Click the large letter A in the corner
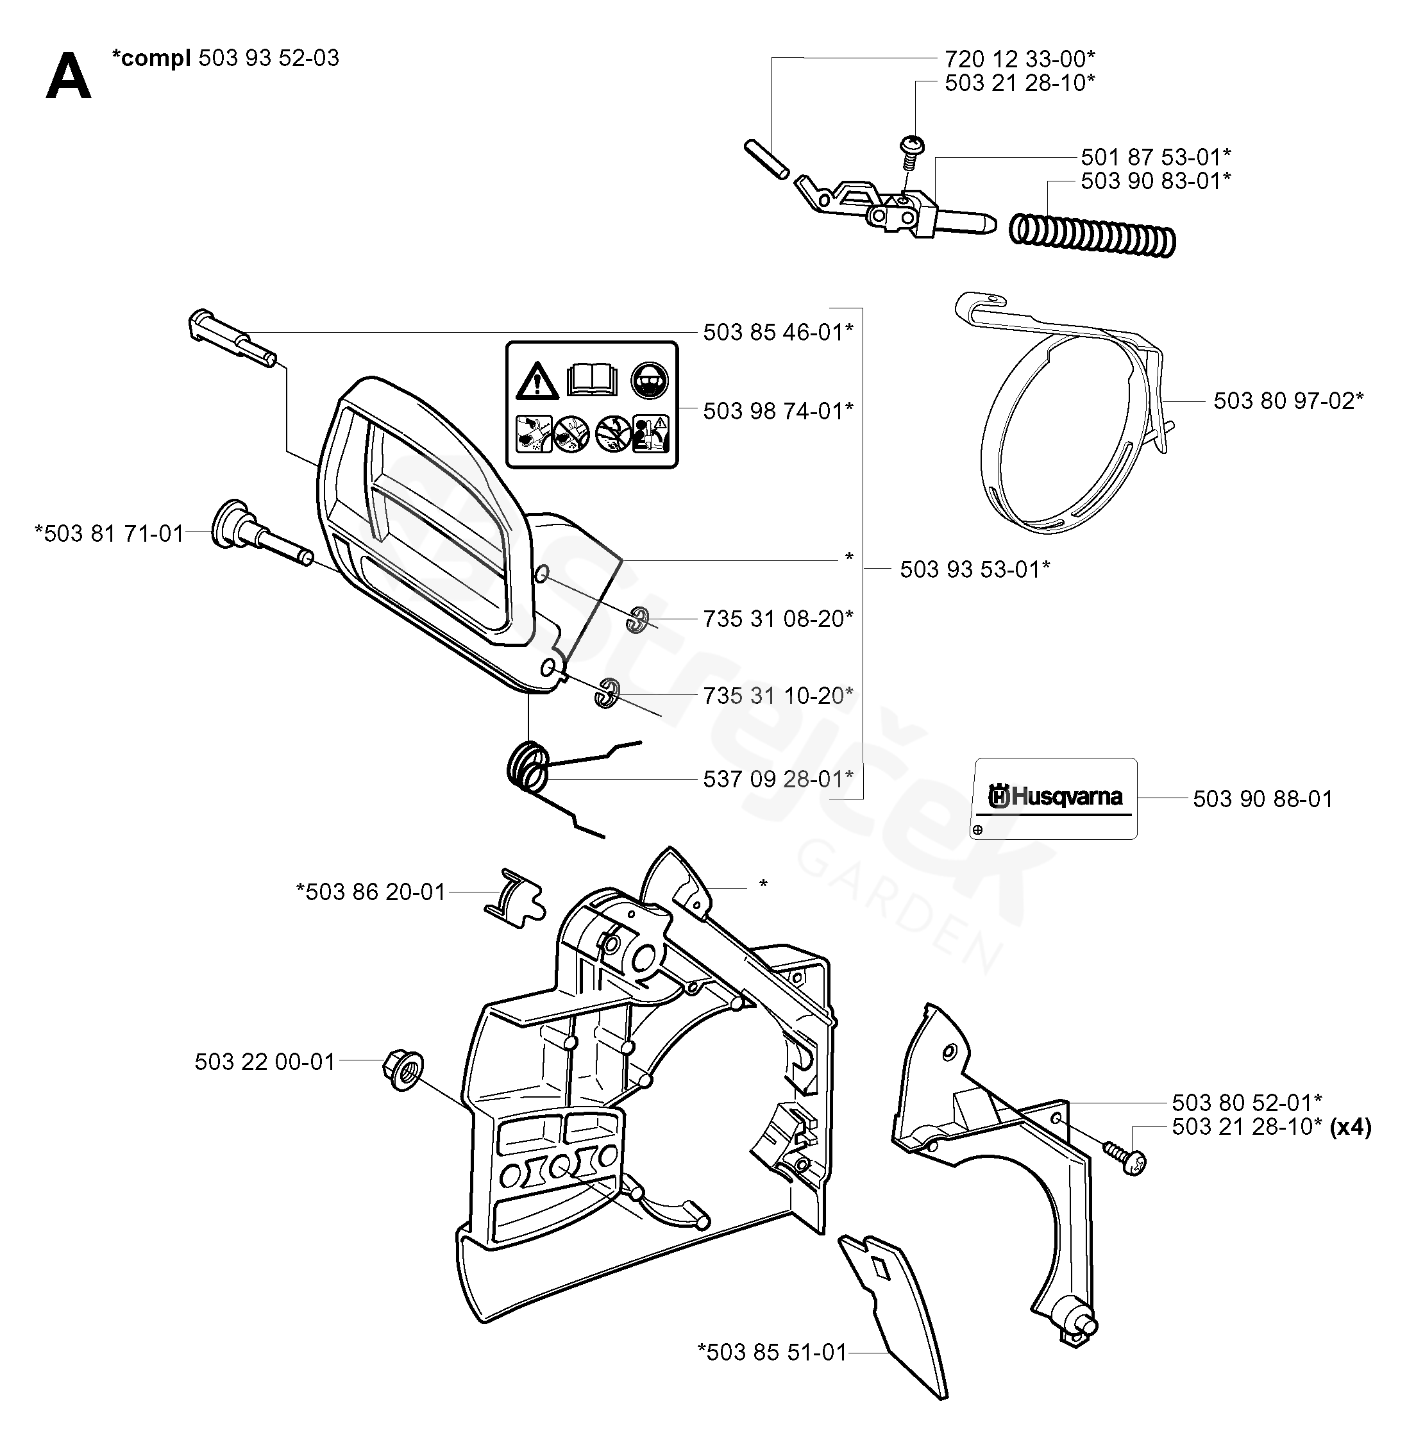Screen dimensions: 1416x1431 pyautogui.click(x=68, y=76)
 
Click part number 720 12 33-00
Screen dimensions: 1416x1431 pyautogui.click(x=1019, y=58)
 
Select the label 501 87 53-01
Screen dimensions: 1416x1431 pyautogui.click(x=1155, y=157)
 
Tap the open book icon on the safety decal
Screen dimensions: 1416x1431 pyautogui.click(x=592, y=380)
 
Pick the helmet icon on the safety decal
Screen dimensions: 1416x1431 pyautogui.click(x=650, y=381)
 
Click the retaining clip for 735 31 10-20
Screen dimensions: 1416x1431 pyautogui.click(x=607, y=692)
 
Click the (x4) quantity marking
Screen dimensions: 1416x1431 pyautogui.click(x=1350, y=1126)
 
